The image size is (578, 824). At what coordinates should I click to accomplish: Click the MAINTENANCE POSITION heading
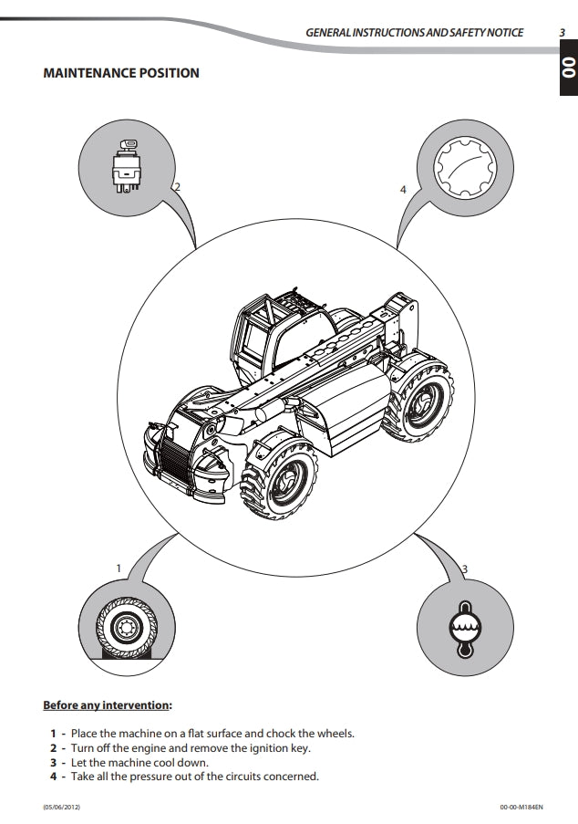pos(121,73)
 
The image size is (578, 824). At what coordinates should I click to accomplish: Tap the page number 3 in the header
pos(563,33)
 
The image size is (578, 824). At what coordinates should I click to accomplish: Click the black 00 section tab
pos(569,68)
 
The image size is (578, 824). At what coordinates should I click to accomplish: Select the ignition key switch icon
pos(126,165)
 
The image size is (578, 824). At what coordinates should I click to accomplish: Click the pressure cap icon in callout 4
pos(465,167)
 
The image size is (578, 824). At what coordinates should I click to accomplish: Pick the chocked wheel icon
pos(127,628)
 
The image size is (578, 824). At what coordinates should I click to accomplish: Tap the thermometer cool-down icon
pos(465,629)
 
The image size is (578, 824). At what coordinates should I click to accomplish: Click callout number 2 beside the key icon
pos(178,186)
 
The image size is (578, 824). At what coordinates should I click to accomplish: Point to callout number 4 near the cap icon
pos(403,190)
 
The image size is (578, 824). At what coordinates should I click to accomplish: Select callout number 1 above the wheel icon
pos(119,568)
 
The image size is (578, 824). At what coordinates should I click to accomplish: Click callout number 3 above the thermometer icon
pos(465,569)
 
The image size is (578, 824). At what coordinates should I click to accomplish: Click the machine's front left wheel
pos(280,479)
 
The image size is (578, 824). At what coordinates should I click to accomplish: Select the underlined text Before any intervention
pos(106,705)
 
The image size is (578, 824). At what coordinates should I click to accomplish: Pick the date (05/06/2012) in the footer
pos(62,807)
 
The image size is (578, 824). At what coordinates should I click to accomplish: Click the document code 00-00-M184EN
pos(521,807)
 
